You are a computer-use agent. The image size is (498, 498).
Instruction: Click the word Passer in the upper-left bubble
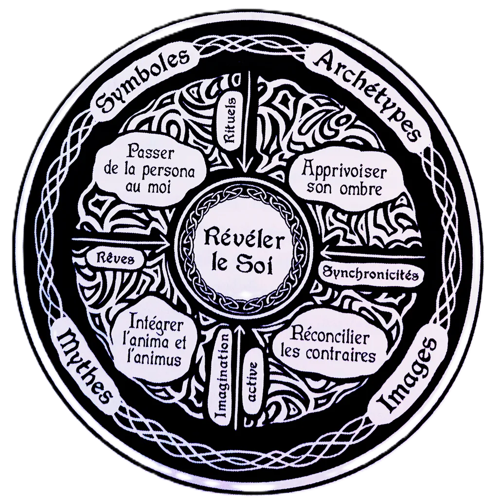point(151,153)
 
